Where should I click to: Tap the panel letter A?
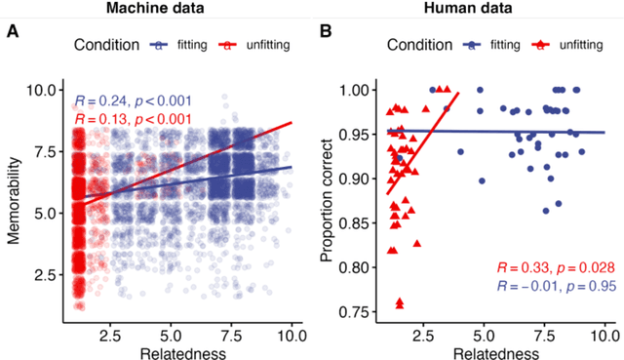[x=13, y=32]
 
